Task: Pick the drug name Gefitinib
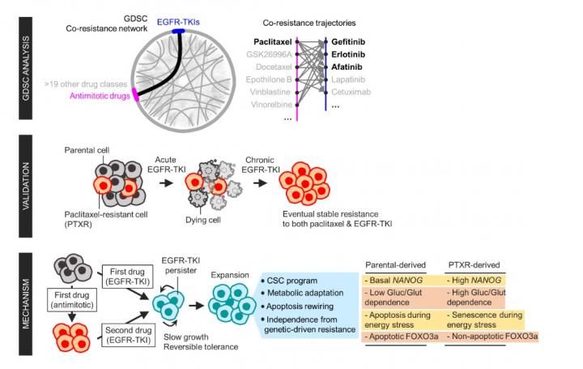[352, 40]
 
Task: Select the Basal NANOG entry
[398, 280]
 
